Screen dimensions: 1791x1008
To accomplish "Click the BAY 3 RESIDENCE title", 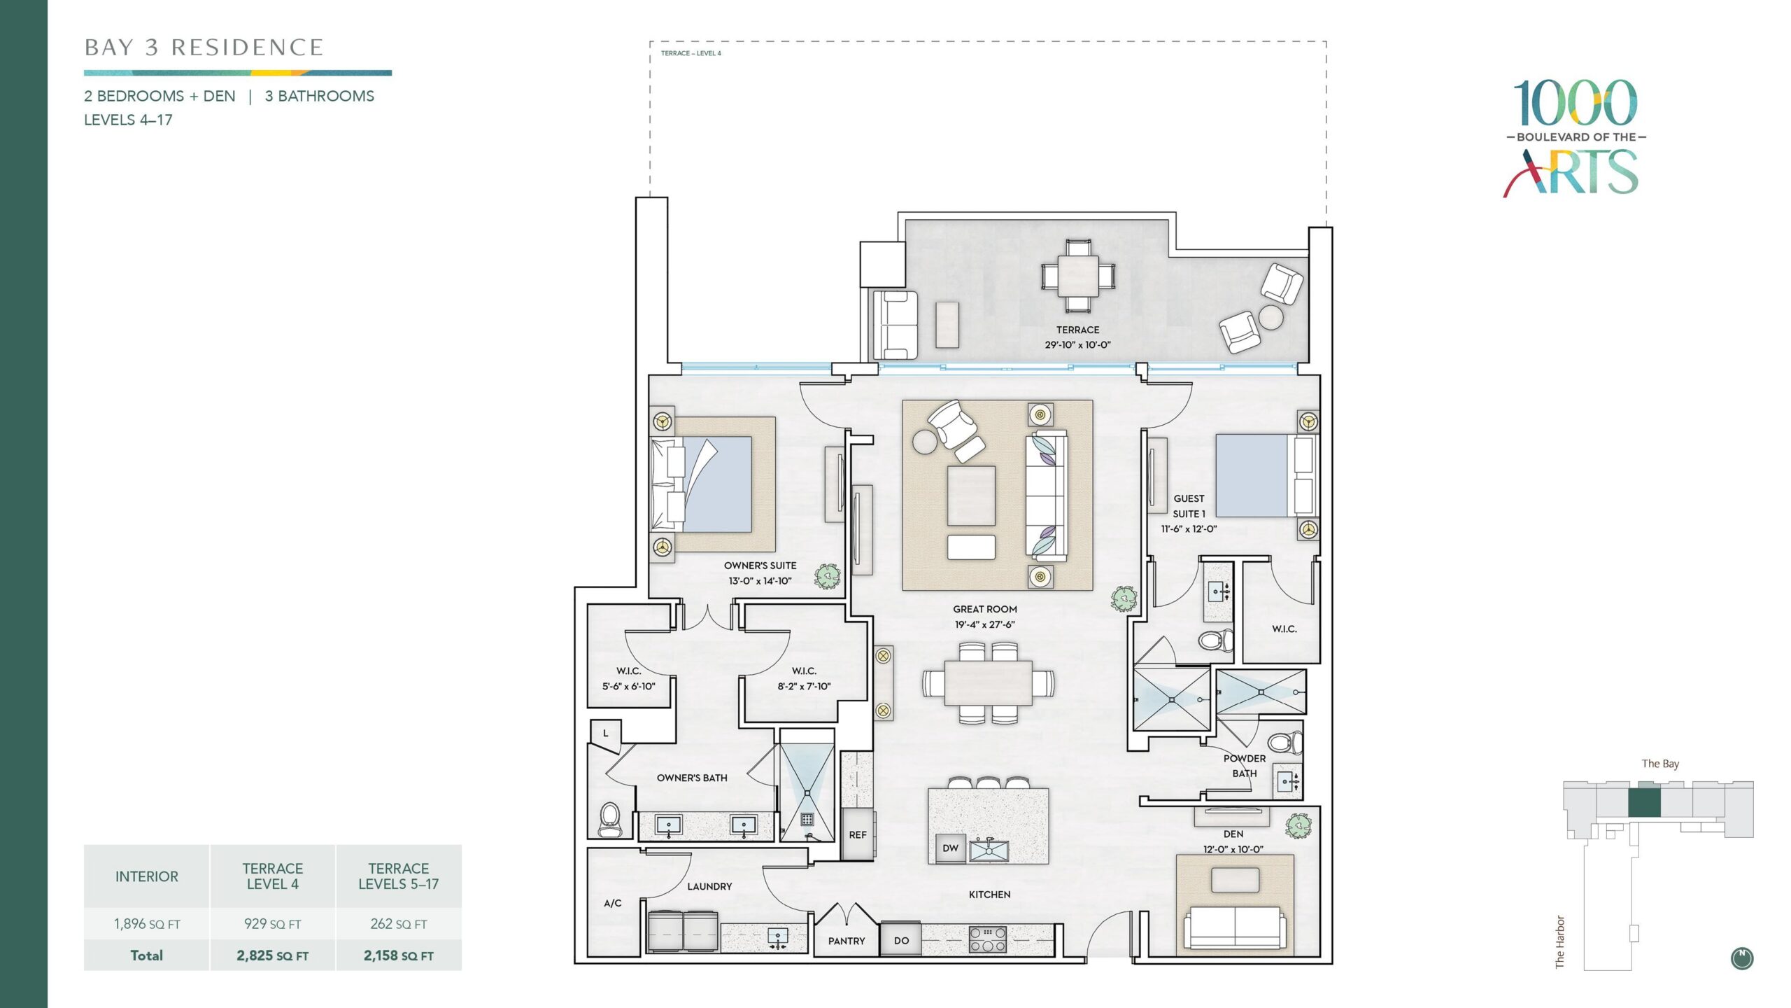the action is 204,48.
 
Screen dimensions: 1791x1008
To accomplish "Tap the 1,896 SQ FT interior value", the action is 147,924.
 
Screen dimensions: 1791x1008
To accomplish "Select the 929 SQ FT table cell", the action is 273,924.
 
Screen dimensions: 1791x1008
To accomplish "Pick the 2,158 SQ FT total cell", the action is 399,955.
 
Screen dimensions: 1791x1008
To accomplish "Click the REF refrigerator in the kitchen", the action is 858,834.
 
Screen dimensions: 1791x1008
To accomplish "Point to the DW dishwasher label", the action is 951,848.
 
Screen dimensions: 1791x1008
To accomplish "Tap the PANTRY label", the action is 847,941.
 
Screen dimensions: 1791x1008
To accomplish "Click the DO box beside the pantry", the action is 901,939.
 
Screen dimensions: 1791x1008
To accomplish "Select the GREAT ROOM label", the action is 985,609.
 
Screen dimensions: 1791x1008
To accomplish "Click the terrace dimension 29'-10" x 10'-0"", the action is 1077,344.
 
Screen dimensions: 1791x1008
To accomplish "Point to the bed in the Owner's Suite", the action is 701,484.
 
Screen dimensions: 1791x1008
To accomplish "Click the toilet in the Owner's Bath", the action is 610,820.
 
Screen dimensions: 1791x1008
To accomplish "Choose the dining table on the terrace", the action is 1077,276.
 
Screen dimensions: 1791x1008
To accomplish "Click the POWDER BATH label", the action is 1245,766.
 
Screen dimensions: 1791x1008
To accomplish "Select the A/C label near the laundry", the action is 613,903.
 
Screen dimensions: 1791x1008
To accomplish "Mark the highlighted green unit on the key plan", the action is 1644,802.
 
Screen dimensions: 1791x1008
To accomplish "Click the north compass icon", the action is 1742,958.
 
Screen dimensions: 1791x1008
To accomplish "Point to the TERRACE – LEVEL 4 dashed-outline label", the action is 691,53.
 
